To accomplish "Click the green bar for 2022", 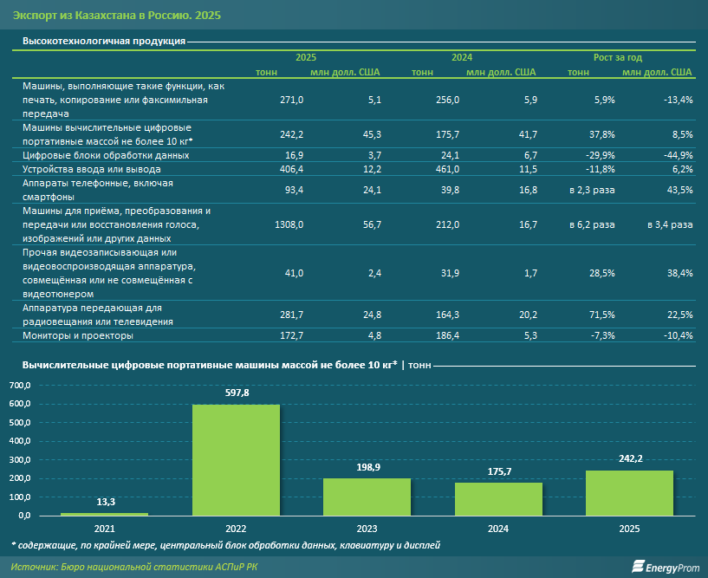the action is [236, 459].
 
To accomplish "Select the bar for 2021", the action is [104, 514].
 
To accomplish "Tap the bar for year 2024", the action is [498, 499].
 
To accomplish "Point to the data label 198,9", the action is [368, 467].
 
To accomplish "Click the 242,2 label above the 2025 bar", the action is [630, 458].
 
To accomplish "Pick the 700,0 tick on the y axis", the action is [20, 385].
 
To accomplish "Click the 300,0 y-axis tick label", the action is [20, 459].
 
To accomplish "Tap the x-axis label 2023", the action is [367, 529].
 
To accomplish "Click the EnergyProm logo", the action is [666, 567].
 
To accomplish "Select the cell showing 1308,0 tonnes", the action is [289, 224].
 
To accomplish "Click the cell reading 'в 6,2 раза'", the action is [592, 224].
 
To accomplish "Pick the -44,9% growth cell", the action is [679, 155].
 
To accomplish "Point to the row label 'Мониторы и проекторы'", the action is [78, 335].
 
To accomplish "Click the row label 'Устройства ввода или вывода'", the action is [92, 169].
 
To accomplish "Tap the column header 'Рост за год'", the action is [618, 57].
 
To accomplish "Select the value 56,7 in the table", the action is [372, 224].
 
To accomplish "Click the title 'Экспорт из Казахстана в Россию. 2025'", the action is [117, 16].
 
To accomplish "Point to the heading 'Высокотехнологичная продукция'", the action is [104, 41].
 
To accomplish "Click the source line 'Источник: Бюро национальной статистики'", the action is [134, 567].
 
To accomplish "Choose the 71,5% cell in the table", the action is [602, 315].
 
